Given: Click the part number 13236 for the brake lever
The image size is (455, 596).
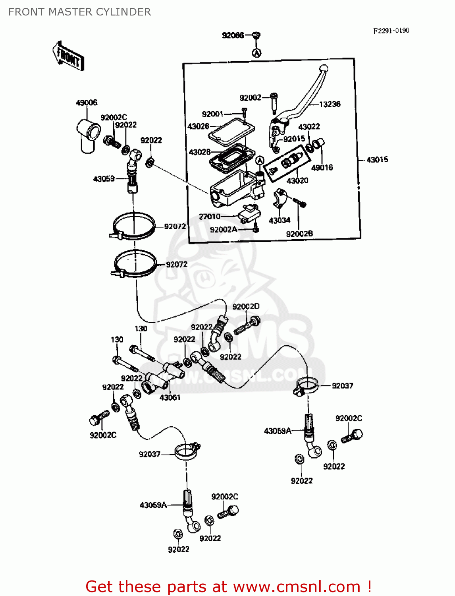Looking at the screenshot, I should point(330,104).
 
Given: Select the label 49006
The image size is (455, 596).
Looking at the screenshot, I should point(87,103).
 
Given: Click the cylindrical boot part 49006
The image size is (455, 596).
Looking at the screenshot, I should point(89,134).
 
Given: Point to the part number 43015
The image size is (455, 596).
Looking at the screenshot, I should point(377,160).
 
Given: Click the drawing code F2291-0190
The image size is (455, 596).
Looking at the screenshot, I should point(391,31).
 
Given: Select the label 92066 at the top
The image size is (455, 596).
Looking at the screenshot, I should point(233,35).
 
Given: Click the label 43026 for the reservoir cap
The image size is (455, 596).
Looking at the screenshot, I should point(198,126).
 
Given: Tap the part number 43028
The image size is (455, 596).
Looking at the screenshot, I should point(200,152).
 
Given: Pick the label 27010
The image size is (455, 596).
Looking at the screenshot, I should point(209,217).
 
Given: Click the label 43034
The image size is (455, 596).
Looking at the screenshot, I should point(279,221).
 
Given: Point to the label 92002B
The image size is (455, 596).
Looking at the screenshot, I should point(299,234).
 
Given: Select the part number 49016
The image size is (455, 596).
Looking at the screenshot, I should point(322,168).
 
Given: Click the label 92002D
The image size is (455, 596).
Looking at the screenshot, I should point(246,306).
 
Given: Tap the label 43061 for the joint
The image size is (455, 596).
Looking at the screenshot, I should point(170,397).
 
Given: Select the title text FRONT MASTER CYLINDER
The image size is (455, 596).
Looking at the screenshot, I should point(79,12).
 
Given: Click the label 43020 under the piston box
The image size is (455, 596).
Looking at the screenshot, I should point(297,181).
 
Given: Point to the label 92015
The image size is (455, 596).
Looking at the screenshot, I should point(294,139).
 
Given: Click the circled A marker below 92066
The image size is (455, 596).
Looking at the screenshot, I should point(257,52).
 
